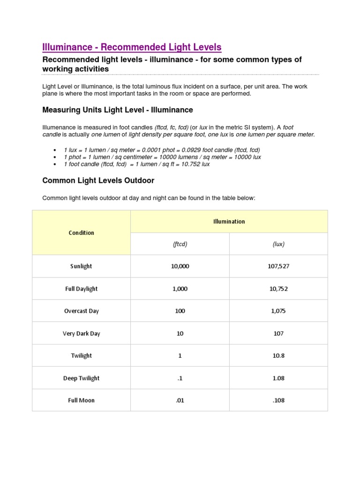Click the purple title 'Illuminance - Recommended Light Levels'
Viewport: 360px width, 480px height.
click(132, 47)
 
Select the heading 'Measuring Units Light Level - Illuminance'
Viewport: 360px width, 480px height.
click(117, 110)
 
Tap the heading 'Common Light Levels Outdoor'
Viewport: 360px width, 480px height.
click(98, 180)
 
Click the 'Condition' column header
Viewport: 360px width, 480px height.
click(81, 232)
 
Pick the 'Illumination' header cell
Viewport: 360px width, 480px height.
click(229, 221)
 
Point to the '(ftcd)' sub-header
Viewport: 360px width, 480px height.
click(180, 244)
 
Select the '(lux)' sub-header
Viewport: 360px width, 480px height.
click(278, 244)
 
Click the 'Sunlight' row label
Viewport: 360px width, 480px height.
click(81, 266)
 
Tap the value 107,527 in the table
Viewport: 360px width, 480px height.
click(278, 266)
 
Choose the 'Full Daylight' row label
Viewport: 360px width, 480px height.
click(81, 289)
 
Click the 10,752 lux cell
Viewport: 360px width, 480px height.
click(278, 289)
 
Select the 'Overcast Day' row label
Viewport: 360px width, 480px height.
click(81, 311)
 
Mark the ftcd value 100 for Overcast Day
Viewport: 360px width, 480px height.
click(180, 311)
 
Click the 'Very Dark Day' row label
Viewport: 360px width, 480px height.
click(81, 333)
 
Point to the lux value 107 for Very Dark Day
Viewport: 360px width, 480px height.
click(278, 333)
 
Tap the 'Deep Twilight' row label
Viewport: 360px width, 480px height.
click(81, 378)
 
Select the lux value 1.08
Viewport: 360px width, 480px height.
click(278, 378)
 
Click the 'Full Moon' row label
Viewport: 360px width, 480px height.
click(81, 400)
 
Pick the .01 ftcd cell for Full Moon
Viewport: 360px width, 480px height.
click(180, 400)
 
